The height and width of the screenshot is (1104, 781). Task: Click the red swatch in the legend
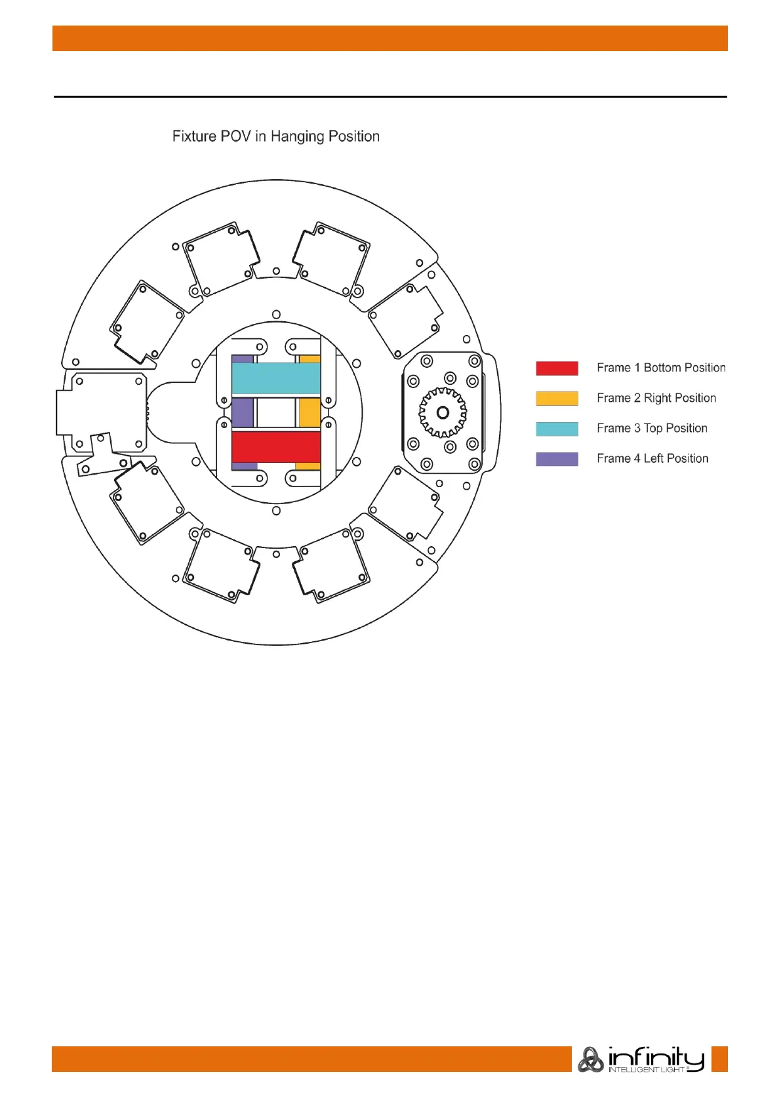pyautogui.click(x=557, y=368)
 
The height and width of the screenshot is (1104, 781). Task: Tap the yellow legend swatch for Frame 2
pyautogui.click(x=557, y=398)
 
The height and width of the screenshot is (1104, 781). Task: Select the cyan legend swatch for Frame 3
pyautogui.click(x=557, y=429)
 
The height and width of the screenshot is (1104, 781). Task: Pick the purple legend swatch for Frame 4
pyautogui.click(x=557, y=459)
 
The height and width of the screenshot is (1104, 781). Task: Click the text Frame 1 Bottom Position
pyautogui.click(x=661, y=368)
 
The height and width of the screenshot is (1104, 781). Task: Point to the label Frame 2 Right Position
pyautogui.click(x=656, y=398)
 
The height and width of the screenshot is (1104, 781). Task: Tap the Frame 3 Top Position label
pyautogui.click(x=652, y=428)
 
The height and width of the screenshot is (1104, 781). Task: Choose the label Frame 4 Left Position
pyautogui.click(x=652, y=458)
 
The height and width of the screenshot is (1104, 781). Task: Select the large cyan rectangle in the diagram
pyautogui.click(x=276, y=378)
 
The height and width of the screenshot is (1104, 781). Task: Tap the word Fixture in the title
pyautogui.click(x=194, y=136)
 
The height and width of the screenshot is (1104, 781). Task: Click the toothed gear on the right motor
pyautogui.click(x=443, y=412)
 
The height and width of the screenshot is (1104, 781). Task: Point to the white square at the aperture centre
pyautogui.click(x=276, y=413)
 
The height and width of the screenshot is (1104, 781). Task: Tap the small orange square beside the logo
pyautogui.click(x=719, y=1059)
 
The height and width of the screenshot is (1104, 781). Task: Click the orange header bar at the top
pyautogui.click(x=390, y=38)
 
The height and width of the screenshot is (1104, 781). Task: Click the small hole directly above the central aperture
pyautogui.click(x=276, y=315)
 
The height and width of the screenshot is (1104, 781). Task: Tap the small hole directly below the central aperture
pyautogui.click(x=276, y=511)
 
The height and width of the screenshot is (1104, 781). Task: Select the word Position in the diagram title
pyautogui.click(x=354, y=136)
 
